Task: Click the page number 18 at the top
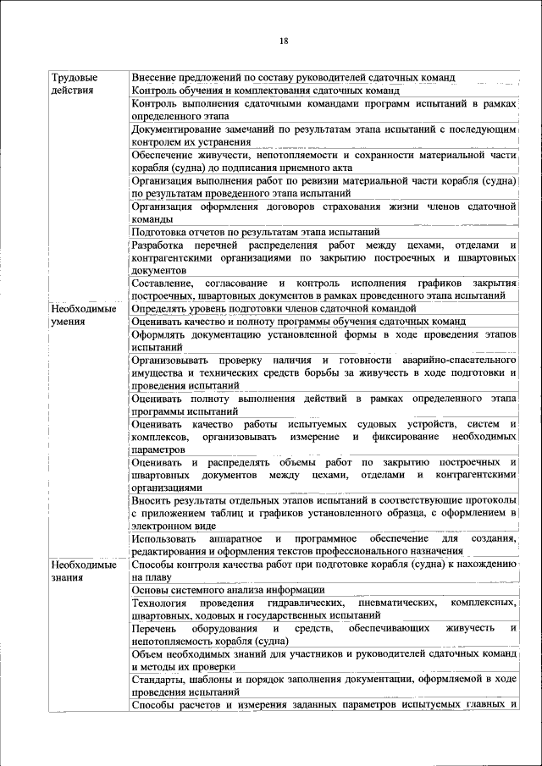pos(284,41)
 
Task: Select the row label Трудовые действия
pos(73,83)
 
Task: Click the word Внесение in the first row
pos(155,77)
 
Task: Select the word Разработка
pos(161,245)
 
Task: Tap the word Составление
pos(163,283)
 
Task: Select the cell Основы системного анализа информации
pos(229,590)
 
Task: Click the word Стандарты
pos(159,680)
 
